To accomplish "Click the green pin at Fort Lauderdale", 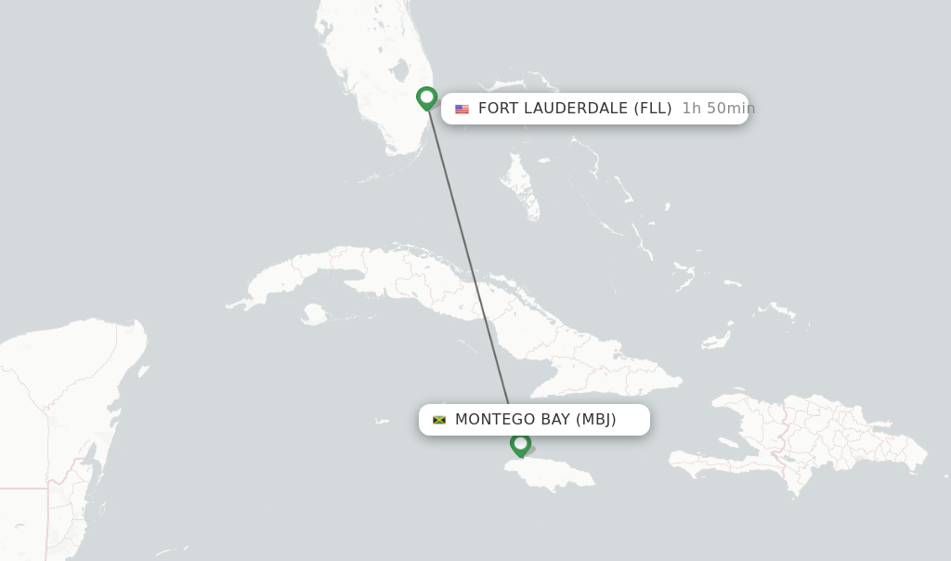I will click(426, 98).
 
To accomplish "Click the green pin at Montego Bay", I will click(520, 444).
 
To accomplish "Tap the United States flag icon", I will click(462, 109).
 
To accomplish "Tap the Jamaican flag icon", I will click(439, 420).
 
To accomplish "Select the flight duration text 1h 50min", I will click(718, 109).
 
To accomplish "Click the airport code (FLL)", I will click(653, 109).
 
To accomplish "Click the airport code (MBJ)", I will click(596, 420).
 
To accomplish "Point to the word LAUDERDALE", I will click(576, 109).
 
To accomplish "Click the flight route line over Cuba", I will click(483, 297).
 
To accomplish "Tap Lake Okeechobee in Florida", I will click(400, 71).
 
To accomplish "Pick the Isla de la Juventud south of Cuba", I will click(314, 314).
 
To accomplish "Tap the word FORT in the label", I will click(498, 109).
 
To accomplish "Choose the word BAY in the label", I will click(555, 420).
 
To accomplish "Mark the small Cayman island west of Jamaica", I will click(382, 421).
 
